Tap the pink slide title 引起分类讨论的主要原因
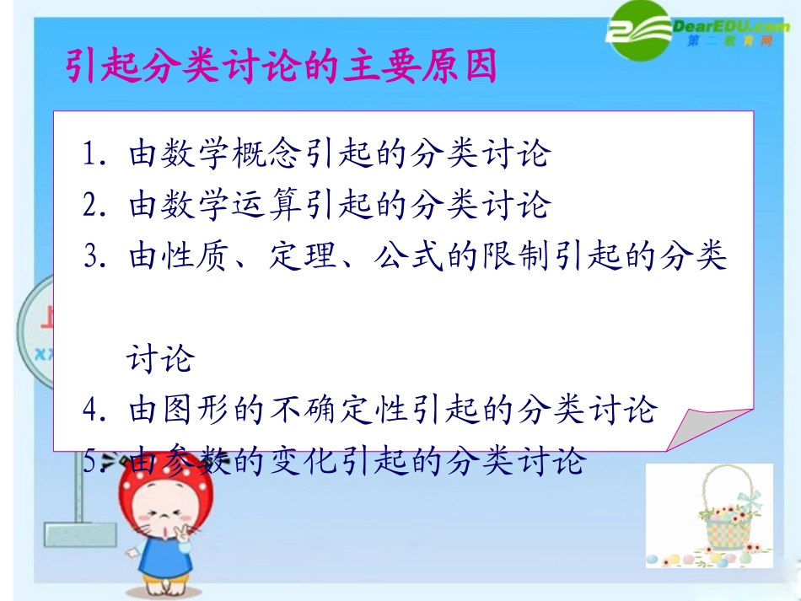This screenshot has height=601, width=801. [x=282, y=67]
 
